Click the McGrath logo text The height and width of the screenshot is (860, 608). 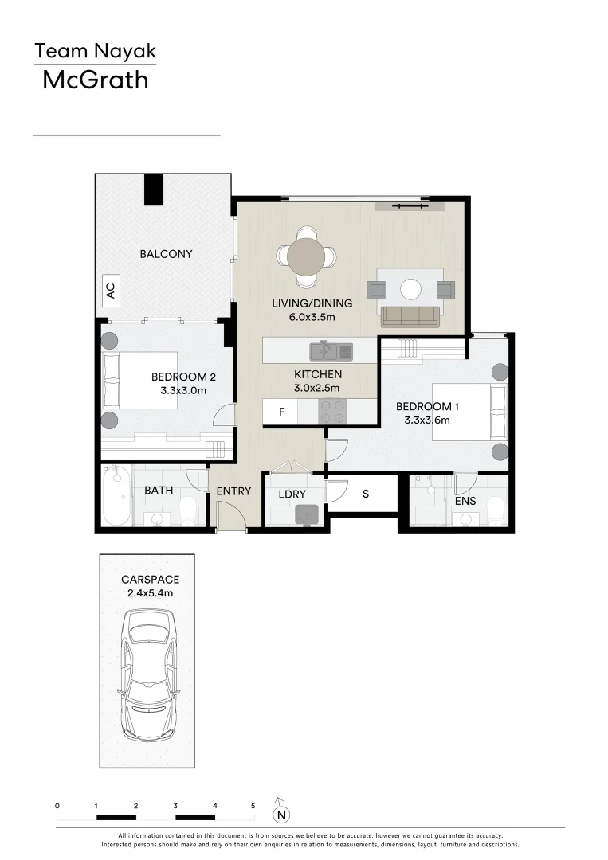point(95,80)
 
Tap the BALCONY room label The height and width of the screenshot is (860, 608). point(166,254)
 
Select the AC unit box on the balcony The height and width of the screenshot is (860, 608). point(111,292)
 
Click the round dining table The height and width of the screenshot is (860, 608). point(306,256)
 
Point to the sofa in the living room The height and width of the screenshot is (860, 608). point(410,316)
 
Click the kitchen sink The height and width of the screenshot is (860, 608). point(331,350)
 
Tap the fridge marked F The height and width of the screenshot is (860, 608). point(281,412)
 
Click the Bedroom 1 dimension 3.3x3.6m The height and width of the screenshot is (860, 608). point(428,420)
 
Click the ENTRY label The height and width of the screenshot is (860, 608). point(233,491)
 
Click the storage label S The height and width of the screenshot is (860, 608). point(366,494)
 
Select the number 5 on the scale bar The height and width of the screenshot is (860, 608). point(253,806)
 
